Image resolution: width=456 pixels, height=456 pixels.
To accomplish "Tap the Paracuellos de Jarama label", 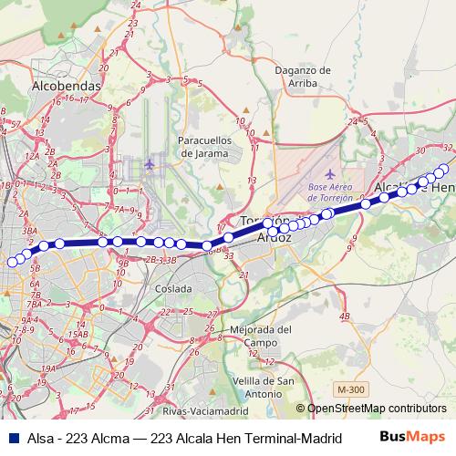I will tap(208, 148).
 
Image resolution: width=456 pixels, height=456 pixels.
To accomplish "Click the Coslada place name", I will tap(173, 288).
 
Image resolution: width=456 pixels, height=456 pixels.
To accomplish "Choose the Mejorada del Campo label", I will tap(259, 336).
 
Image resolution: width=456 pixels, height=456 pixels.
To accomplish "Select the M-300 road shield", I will tap(347, 389).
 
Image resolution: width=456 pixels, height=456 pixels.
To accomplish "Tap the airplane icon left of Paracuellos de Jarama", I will tap(150, 164).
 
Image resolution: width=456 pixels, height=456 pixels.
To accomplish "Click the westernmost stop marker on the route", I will tap(12, 263).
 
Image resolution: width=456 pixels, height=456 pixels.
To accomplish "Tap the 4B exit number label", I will tap(344, 316).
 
